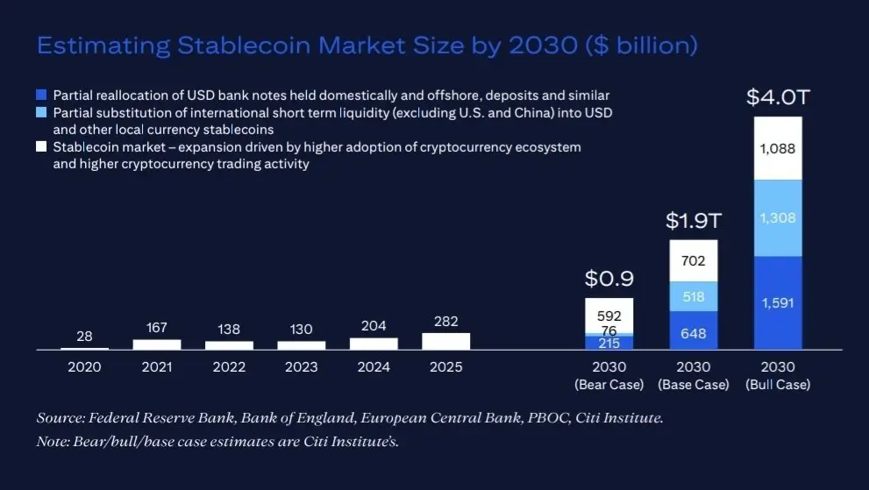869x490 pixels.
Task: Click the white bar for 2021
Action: point(157,344)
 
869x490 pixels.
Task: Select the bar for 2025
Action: point(445,341)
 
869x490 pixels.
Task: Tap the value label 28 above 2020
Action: point(84,336)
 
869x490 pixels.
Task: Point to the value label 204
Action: point(374,326)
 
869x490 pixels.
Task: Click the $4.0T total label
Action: point(778,97)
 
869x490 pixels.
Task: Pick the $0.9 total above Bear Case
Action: point(609,280)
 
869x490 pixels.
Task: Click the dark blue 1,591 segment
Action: point(778,302)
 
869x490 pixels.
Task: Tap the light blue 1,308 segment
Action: point(778,218)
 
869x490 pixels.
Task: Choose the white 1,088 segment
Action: point(778,149)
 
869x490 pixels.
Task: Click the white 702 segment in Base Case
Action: point(693,260)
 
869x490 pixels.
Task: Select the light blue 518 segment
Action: point(693,296)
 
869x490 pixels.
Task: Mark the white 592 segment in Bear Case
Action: point(609,314)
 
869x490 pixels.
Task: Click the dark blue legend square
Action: point(41,95)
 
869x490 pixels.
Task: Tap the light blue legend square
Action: point(41,113)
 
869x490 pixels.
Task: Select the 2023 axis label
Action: point(301,367)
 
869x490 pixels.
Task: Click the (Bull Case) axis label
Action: point(778,385)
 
